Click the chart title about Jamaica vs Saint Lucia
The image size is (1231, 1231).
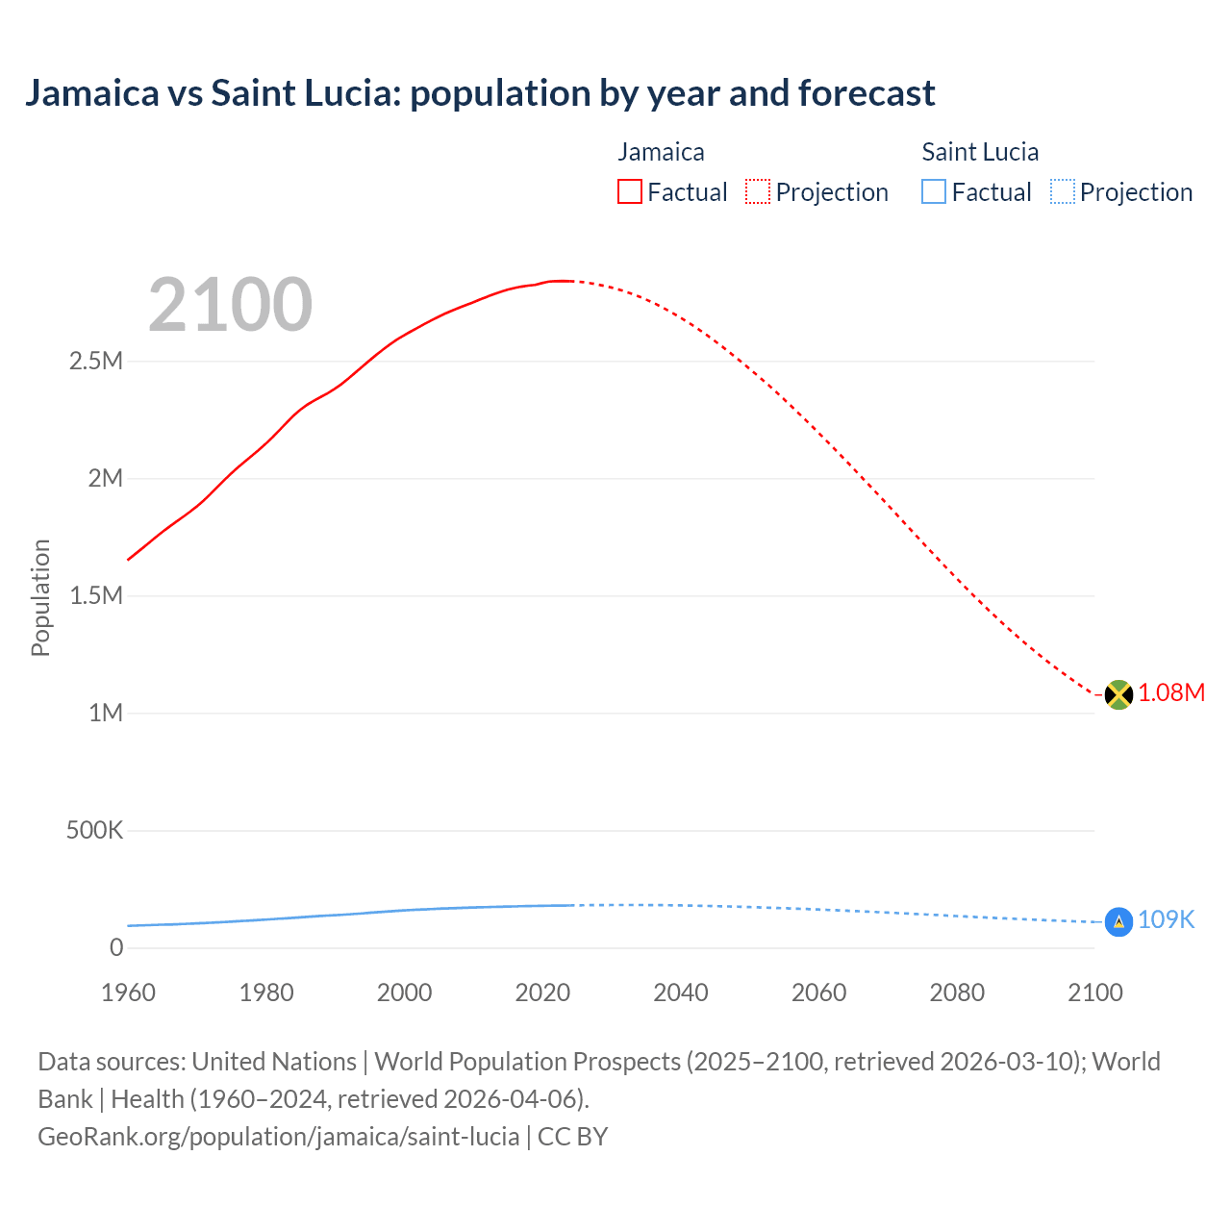point(480,93)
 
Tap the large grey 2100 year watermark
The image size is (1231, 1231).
point(230,305)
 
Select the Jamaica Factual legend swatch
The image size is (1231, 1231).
point(629,191)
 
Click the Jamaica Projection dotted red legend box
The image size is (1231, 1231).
point(758,191)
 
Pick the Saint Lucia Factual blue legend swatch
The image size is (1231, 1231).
point(934,191)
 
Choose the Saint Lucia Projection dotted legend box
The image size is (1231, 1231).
point(1063,191)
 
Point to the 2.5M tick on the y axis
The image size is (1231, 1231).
point(96,362)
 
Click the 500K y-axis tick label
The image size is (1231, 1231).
point(94,830)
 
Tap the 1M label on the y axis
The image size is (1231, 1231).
point(106,713)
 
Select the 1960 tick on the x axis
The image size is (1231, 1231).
point(128,992)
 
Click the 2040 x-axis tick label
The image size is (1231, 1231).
point(681,992)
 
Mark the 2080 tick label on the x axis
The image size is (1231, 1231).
point(957,992)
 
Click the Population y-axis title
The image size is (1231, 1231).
point(40,597)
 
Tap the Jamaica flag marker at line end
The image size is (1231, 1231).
point(1118,694)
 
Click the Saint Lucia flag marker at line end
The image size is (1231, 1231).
point(1118,921)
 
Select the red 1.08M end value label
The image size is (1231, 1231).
point(1171,693)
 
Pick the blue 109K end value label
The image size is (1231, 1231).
point(1166,920)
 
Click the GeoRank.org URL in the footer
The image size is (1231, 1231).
point(279,1137)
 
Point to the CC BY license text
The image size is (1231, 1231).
point(572,1137)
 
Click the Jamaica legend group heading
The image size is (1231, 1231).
point(661,152)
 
